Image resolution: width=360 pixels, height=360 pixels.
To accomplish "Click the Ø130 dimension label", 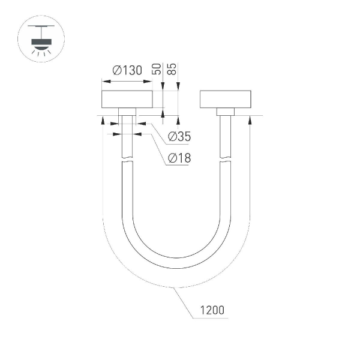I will pos(127,70).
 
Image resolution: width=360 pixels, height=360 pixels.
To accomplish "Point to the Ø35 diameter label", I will pos(179,137).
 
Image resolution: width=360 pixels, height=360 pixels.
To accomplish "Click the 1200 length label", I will pos(212,310).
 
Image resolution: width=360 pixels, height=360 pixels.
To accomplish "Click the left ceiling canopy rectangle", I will pos(127,100).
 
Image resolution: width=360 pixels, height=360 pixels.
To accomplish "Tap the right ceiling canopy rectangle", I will pos(226,100).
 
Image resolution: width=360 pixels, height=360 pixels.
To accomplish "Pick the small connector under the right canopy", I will pos(226,112).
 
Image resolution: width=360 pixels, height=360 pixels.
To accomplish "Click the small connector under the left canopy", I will pos(127,112).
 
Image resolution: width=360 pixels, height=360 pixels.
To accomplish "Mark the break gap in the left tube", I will pos(127,160).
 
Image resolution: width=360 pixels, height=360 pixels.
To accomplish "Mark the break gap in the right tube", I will pos(225,160).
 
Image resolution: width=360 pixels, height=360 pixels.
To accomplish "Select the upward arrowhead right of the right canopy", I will pos(249,120).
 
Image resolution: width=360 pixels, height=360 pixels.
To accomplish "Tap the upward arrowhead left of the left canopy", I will pos(104,120).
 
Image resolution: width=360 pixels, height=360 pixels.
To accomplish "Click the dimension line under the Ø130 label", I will pos(127,81).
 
